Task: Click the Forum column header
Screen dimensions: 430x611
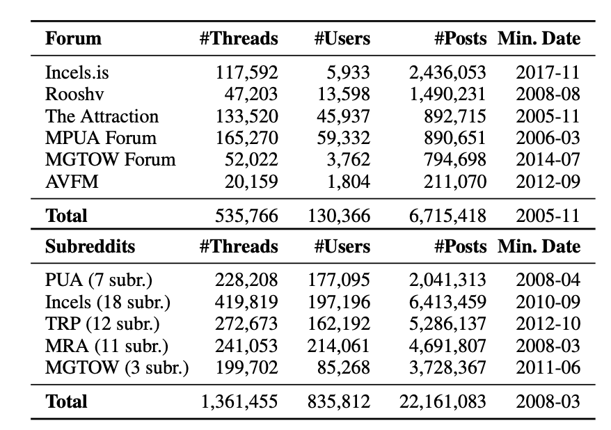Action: click(x=73, y=38)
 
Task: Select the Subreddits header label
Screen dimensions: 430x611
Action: click(x=90, y=246)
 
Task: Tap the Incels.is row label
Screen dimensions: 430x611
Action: click(x=77, y=72)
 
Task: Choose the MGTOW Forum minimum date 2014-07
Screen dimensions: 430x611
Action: click(x=548, y=160)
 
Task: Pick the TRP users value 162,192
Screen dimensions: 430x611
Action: click(x=339, y=324)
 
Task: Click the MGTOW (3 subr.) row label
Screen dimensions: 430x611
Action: click(x=117, y=368)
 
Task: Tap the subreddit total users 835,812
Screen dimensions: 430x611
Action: click(x=339, y=401)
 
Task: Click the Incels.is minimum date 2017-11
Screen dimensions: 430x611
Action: click(x=548, y=72)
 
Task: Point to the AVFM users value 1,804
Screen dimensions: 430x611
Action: click(x=349, y=182)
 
